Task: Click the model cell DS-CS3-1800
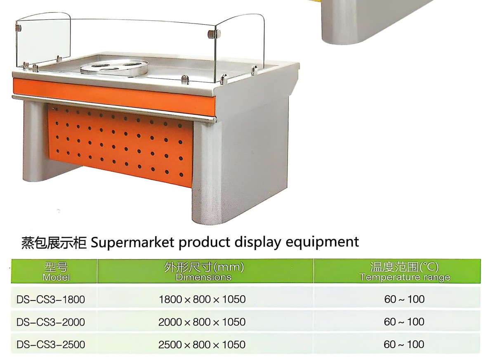click(51, 300)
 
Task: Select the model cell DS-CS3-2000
click(51, 322)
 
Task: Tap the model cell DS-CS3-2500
click(51, 345)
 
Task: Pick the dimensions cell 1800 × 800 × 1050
click(202, 299)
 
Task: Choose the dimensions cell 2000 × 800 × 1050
click(202, 322)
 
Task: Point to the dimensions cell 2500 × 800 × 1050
click(202, 345)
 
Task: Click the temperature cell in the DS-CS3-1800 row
click(404, 299)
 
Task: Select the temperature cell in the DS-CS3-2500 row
click(404, 344)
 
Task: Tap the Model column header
click(56, 272)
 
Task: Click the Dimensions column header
click(204, 271)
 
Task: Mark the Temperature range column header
click(405, 272)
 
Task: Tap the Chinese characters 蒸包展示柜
click(54, 243)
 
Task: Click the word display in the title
click(258, 243)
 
